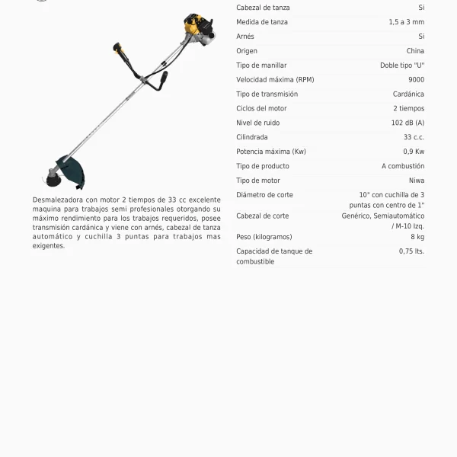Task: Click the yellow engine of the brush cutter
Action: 196,30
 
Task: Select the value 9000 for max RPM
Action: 417,80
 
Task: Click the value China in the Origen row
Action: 415,51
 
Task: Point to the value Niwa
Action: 417,181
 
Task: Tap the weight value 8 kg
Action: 417,237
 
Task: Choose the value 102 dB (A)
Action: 407,123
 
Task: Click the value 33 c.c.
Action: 414,137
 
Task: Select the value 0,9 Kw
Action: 414,152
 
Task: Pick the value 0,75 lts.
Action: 411,251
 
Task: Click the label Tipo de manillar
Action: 261,66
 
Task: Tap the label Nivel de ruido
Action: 259,123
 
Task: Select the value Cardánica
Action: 408,94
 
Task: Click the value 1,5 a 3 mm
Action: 406,22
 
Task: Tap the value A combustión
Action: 403,166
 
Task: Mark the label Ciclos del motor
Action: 261,108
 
